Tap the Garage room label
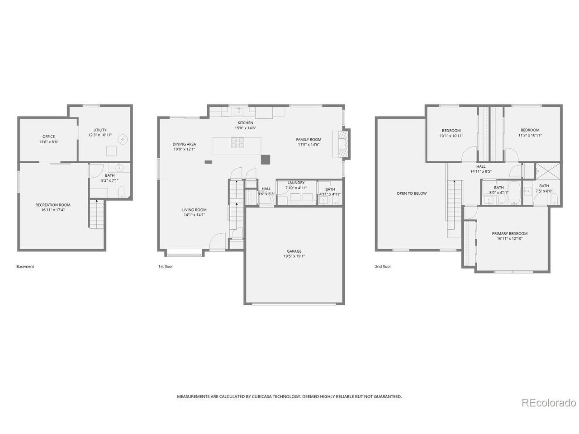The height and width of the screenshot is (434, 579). click(x=294, y=251)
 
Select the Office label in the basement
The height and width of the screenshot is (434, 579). click(x=48, y=137)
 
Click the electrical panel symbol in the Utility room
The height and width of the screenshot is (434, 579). click(x=122, y=139)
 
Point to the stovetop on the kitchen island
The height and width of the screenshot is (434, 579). click(x=237, y=142)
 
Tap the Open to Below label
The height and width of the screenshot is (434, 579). click(x=411, y=193)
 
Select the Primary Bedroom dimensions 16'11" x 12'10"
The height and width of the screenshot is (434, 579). click(x=509, y=239)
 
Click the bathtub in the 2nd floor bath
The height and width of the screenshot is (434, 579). click(x=514, y=193)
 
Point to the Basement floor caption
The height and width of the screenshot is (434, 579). click(x=25, y=266)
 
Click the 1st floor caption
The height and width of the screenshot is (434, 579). click(x=166, y=266)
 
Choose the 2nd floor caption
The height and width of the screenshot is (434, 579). click(x=383, y=266)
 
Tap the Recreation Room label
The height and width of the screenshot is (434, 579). click(x=53, y=205)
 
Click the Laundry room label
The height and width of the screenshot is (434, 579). click(x=296, y=183)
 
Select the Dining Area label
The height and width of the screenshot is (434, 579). click(x=184, y=144)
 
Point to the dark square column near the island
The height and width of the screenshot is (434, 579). click(x=266, y=160)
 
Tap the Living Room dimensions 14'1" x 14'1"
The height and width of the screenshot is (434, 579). click(x=194, y=215)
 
